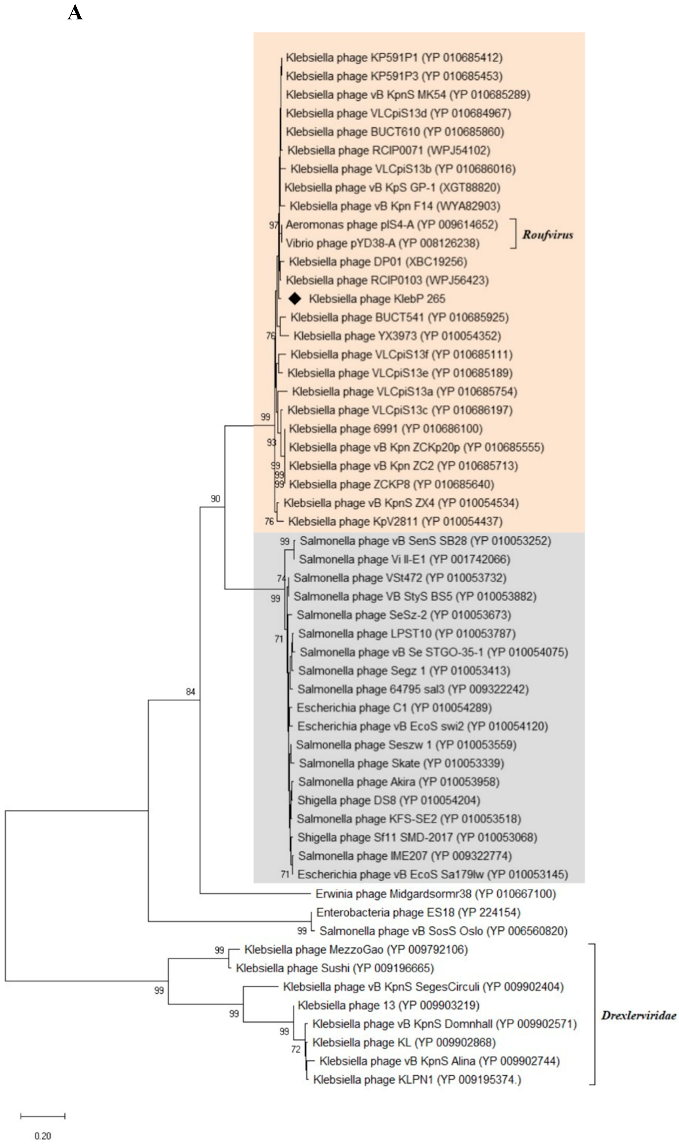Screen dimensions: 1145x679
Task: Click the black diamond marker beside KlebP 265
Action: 295,299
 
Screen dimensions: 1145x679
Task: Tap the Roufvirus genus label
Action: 548,235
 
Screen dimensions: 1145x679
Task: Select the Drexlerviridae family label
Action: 638,1015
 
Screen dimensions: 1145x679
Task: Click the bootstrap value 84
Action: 190,692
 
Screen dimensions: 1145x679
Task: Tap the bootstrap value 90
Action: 215,499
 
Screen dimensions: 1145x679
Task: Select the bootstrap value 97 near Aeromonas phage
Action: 274,225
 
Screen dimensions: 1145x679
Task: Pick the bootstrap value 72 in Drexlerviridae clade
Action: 296,1049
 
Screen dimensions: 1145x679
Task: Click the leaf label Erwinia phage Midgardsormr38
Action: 435,893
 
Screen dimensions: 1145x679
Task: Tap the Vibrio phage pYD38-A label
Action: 382,243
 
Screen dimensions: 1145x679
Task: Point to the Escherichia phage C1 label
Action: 394,708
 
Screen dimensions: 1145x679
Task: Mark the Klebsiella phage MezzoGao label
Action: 356,950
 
